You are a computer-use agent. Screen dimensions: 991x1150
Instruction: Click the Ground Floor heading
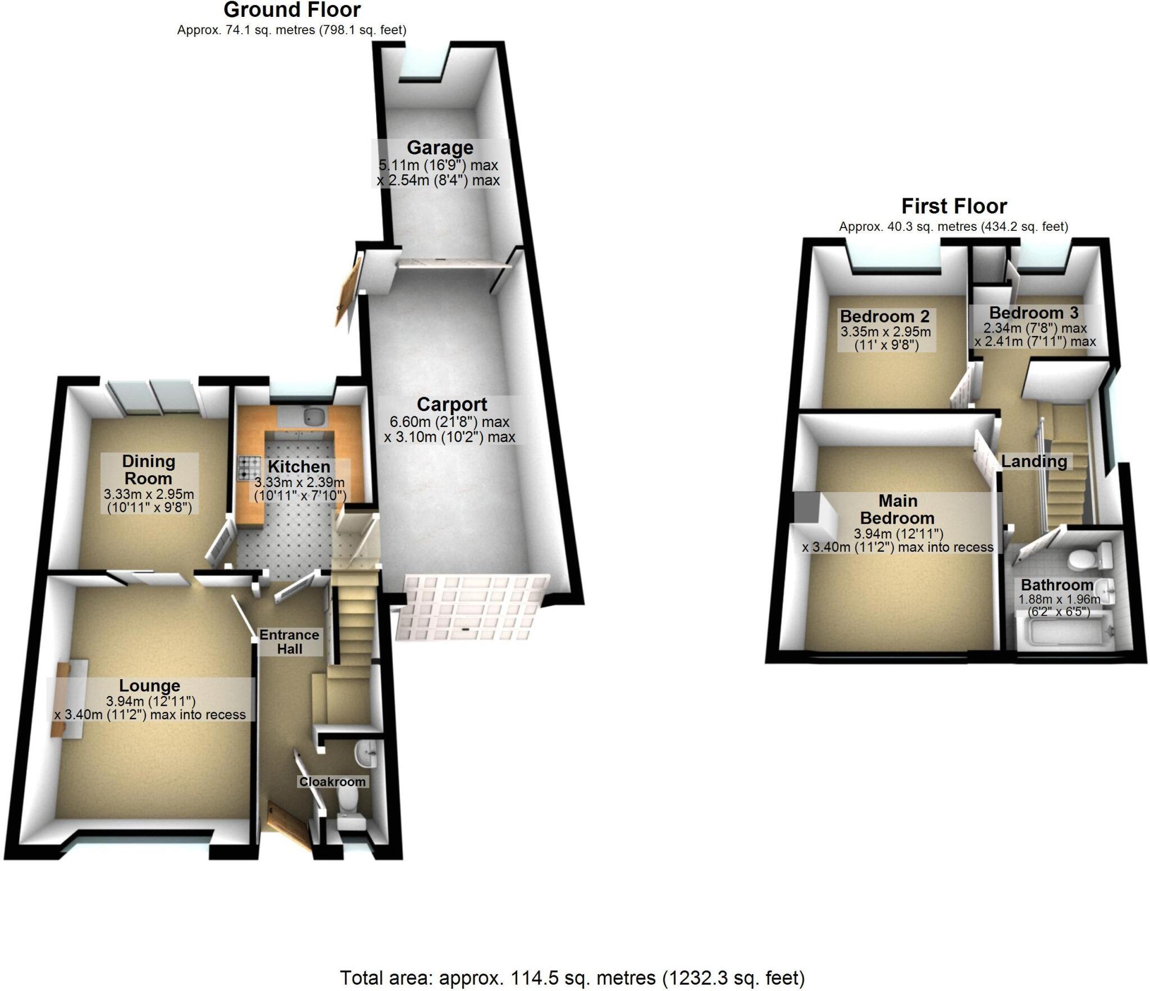pos(292,10)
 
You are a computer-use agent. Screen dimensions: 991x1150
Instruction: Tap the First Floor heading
pos(953,206)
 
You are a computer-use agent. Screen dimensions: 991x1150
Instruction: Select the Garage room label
pos(440,148)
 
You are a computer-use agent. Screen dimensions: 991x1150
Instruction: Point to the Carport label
pos(452,404)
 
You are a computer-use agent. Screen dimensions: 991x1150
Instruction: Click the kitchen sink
pos(310,416)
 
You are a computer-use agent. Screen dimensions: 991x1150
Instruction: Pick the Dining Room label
pos(149,470)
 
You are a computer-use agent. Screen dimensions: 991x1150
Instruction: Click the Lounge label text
pos(149,685)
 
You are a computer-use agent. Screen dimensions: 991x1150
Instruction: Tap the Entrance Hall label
pos(289,642)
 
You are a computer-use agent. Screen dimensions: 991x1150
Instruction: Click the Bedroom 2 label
pos(884,316)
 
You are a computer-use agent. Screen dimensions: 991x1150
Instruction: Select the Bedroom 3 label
pos(1034,313)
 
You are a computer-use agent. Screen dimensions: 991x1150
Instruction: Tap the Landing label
pos(1034,461)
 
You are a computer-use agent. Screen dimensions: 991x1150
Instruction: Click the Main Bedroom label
pos(897,509)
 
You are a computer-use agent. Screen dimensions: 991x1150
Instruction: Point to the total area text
pos(572,978)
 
